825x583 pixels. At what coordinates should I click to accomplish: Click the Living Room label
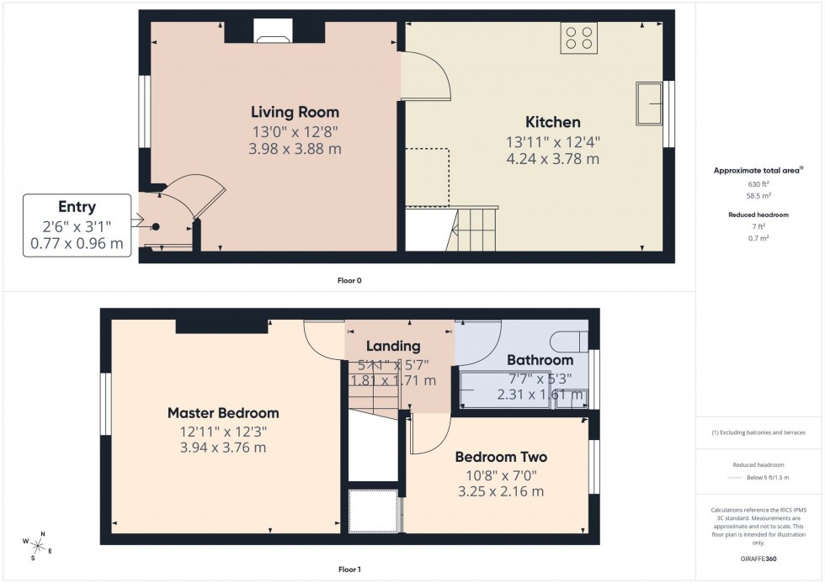(x=295, y=112)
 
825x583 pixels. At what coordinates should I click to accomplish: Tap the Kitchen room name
(x=553, y=122)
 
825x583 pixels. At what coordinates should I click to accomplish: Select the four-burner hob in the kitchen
(x=578, y=39)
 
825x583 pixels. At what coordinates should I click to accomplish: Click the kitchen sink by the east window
(x=650, y=102)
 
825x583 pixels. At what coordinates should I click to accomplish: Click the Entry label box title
(x=77, y=207)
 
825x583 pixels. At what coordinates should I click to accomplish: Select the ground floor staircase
(x=475, y=230)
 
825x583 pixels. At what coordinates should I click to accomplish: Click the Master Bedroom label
(x=223, y=413)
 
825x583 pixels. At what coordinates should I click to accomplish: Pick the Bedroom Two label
(x=501, y=458)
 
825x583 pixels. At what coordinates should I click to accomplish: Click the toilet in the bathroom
(x=571, y=341)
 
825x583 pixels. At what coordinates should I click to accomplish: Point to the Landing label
(x=393, y=346)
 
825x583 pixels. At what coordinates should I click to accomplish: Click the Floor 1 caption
(x=349, y=570)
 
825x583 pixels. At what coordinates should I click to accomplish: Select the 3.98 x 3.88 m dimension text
(x=295, y=149)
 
